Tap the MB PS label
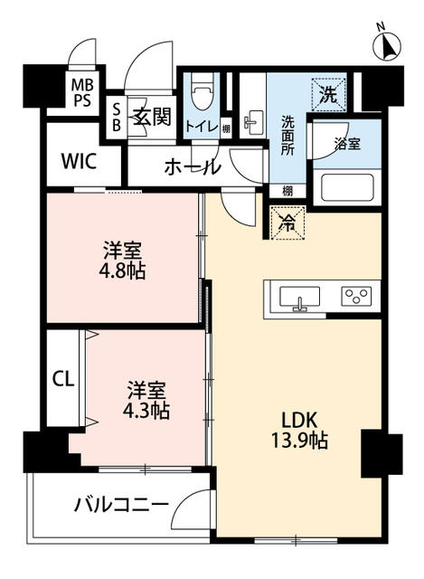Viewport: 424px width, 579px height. pos(82,92)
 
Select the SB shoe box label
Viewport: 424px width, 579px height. pos(117,118)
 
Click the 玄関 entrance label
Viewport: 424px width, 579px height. pos(152,118)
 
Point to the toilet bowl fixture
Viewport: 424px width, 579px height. pos(203,90)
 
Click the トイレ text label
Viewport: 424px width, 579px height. pos(202,128)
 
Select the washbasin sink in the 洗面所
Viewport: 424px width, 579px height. pos(254,122)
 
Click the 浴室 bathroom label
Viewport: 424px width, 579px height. pos(347,144)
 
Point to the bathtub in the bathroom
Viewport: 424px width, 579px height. pos(347,187)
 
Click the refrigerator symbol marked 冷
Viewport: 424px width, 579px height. pos(287,223)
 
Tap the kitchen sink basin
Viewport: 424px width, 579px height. pos(299,297)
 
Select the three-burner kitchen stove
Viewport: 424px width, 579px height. pos(356,296)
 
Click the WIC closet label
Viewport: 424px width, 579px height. pos(79,161)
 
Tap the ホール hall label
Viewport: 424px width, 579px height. pos(193,167)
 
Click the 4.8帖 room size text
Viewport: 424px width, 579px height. pos(122,271)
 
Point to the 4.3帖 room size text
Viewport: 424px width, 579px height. pos(146,410)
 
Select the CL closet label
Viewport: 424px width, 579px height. pos(63,379)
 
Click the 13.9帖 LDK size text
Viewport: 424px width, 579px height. pos(299,440)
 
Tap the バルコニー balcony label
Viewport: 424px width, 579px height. pos(121,504)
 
